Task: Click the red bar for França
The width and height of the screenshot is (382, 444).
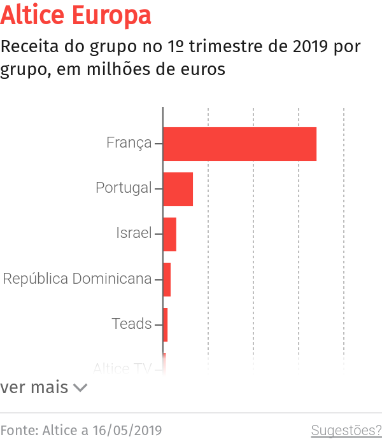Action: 239,144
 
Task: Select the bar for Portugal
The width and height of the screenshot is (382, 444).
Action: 178,189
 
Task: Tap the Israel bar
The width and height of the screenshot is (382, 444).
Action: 169,234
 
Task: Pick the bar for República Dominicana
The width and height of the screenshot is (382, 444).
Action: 167,279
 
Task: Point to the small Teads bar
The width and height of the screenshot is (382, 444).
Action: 165,324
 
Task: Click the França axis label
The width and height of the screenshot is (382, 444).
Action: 129,142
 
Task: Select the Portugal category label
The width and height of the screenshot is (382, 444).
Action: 124,188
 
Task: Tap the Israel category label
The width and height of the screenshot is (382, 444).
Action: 134,233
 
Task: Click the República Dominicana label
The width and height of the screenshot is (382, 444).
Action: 77,279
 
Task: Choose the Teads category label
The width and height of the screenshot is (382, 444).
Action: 132,324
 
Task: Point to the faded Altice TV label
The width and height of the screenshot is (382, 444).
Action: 122,368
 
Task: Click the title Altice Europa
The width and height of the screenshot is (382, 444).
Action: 76,16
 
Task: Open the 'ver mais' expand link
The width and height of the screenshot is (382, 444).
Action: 34,387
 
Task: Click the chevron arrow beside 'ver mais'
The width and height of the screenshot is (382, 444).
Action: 80,387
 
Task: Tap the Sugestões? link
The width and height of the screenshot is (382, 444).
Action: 346,431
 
